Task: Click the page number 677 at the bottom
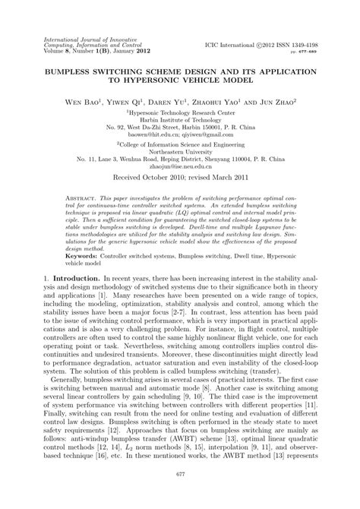(x=180, y=495)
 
